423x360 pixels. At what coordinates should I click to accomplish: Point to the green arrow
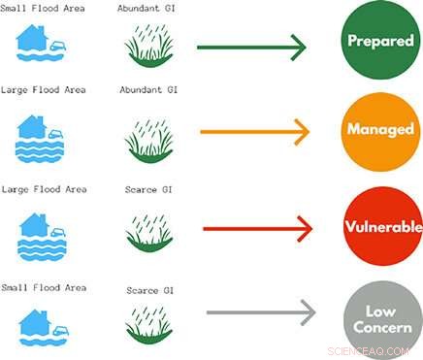tap(251, 46)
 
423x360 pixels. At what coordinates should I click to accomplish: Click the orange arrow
tap(254, 131)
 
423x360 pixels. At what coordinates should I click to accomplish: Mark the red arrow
tap(257, 229)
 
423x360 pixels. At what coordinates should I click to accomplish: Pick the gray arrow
tap(262, 311)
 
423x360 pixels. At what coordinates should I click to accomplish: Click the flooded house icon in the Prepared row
tap(43, 43)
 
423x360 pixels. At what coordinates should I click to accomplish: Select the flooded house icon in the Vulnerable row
tap(43, 234)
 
